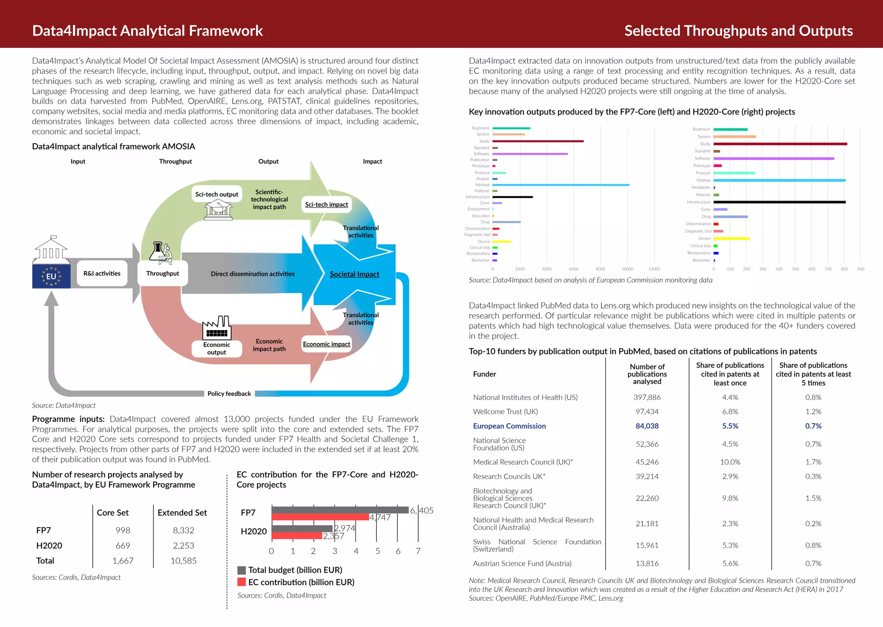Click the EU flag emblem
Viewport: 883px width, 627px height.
[51, 276]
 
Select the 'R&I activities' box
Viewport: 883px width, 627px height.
[102, 273]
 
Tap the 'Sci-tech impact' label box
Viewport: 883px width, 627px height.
[326, 205]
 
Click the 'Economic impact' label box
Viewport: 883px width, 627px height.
[326, 344]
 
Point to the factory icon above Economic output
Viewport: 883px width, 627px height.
[217, 328]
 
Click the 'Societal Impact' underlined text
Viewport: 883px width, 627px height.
[354, 274]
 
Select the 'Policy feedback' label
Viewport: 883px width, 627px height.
[229, 394]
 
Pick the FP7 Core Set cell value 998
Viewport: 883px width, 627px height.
[123, 530]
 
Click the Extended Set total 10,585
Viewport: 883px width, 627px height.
[183, 561]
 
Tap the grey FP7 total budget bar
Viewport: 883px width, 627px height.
[340, 510]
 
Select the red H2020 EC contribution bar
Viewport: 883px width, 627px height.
[297, 536]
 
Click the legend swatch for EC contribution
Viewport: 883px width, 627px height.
[241, 582]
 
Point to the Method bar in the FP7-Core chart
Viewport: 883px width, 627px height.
[560, 185]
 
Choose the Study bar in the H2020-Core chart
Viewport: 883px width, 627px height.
[780, 144]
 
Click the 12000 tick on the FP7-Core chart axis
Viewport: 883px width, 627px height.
[654, 269]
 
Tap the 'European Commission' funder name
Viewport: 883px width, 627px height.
[509, 426]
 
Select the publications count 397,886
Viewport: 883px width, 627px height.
[647, 397]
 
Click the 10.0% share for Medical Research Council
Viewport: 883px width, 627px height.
[730, 462]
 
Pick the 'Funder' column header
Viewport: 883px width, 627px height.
[484, 374]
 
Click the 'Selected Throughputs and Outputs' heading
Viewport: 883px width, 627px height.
[738, 31]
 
